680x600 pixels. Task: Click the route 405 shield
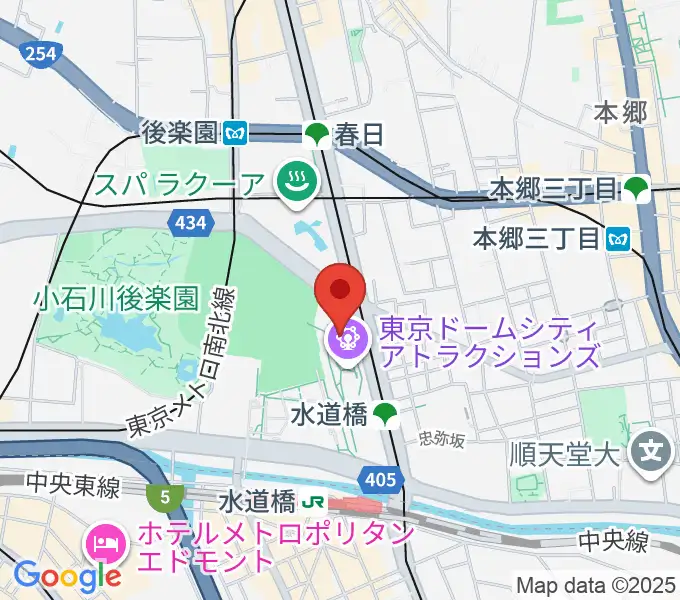(381, 482)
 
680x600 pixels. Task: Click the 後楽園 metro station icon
(236, 132)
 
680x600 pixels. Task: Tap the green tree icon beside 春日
(317, 133)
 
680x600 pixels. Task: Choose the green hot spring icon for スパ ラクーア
(297, 182)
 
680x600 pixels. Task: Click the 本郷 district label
(621, 112)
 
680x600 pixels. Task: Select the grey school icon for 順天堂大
(652, 447)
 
